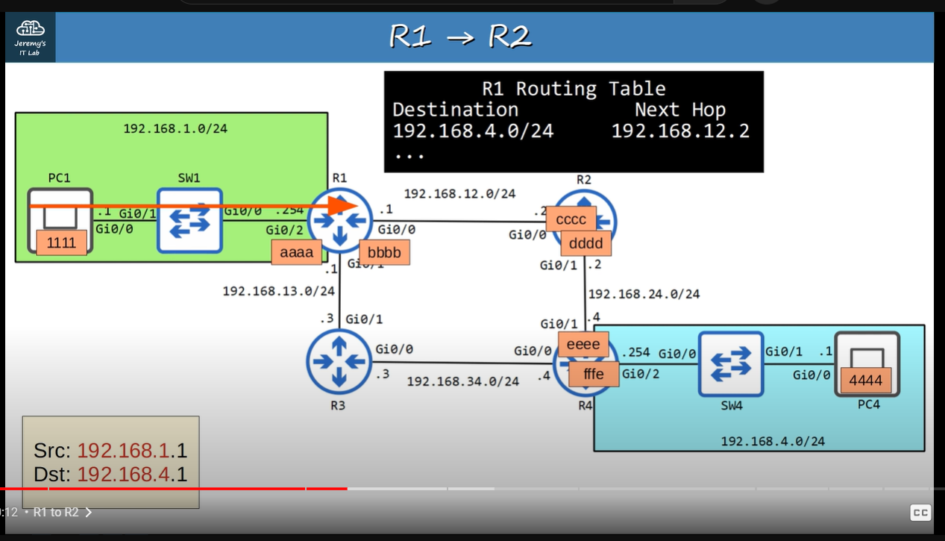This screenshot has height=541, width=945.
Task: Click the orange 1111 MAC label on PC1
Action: click(x=61, y=243)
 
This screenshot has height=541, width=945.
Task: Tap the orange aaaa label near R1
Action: click(x=297, y=252)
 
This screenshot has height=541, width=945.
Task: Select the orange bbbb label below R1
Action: click(x=384, y=252)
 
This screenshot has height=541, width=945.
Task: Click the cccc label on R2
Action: click(x=571, y=219)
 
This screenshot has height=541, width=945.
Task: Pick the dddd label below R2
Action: click(x=586, y=243)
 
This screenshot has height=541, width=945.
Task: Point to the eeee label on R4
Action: click(x=583, y=344)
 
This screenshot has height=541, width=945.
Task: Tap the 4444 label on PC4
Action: click(x=865, y=380)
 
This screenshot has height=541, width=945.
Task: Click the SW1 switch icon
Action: click(x=189, y=220)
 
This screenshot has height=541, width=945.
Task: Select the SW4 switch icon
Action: click(x=731, y=363)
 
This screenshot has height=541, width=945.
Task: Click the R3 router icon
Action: click(x=339, y=361)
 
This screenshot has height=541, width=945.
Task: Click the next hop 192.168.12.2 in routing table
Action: click(x=680, y=131)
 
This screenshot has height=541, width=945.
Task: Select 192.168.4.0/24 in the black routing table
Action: click(x=473, y=131)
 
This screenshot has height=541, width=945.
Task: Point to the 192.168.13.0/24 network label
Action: click(x=278, y=291)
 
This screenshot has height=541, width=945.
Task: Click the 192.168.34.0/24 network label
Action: click(x=462, y=381)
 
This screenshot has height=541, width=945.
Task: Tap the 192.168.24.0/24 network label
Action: click(x=644, y=294)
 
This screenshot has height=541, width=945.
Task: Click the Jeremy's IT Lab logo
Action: click(x=30, y=37)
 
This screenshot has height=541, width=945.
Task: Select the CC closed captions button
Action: click(x=920, y=513)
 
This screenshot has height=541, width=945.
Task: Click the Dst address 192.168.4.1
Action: click(x=132, y=475)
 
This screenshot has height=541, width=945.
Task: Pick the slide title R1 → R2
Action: click(x=460, y=37)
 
